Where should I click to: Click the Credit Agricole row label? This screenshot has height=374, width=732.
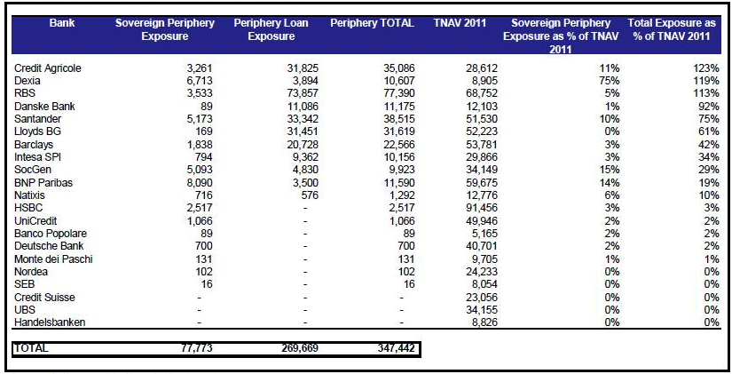tap(48, 68)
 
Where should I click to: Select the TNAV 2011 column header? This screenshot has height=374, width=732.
tap(460, 23)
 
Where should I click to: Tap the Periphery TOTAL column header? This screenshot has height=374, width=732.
tap(372, 23)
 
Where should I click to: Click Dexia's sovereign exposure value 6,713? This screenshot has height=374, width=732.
tap(200, 81)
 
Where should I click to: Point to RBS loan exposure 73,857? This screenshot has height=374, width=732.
tap(303, 93)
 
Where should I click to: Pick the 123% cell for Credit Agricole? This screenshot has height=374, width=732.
tap(706, 68)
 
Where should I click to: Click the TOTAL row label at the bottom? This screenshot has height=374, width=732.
tap(31, 348)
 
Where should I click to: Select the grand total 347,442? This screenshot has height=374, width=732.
tap(396, 348)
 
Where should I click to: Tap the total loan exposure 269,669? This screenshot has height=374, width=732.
tap(300, 348)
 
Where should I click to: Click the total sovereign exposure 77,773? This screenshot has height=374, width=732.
tap(196, 348)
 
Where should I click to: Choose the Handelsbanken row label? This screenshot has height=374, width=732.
tap(50, 322)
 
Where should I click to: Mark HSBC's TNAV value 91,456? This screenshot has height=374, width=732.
tap(482, 208)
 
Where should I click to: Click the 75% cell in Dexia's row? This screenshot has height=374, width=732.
tap(610, 81)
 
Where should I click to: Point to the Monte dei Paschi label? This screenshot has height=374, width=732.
tap(53, 259)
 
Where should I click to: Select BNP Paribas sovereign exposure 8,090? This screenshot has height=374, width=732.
tap(200, 183)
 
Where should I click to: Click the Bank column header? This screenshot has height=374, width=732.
tap(62, 23)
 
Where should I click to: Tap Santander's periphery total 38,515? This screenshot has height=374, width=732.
tap(398, 119)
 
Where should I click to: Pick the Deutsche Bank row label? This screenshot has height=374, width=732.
tap(49, 246)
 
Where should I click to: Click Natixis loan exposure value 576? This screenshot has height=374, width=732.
tap(310, 195)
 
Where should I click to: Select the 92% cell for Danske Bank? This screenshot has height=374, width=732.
tap(709, 107)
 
